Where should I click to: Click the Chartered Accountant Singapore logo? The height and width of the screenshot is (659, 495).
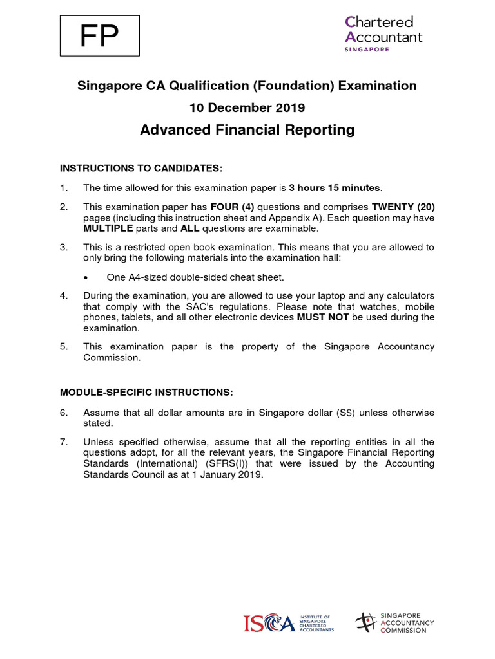point(383,34)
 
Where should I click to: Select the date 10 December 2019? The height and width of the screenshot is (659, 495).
point(247,107)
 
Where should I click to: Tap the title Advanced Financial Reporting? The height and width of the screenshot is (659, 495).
point(247,130)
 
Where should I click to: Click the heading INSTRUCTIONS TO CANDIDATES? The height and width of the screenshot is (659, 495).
point(141,169)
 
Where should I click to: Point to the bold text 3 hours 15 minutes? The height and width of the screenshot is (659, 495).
point(335,188)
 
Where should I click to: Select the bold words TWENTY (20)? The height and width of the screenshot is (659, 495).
point(402,208)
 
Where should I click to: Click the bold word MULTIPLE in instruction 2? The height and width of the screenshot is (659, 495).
point(109,228)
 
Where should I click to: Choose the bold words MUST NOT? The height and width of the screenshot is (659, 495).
point(323,317)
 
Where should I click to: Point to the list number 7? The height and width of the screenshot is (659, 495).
point(64,442)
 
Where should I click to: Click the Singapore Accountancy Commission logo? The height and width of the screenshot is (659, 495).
point(394,622)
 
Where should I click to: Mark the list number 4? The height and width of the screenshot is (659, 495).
point(64,295)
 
